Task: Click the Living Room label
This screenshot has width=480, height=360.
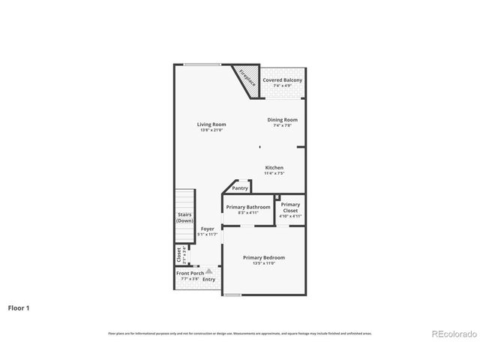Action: (211, 124)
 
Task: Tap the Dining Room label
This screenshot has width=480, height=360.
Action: (283, 120)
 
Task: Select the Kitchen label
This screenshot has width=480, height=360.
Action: (274, 167)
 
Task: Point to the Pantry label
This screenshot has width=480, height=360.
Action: (240, 188)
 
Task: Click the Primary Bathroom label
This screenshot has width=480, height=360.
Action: (248, 207)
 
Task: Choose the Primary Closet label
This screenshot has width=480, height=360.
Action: (290, 207)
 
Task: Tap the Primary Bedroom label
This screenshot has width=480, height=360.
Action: (264, 257)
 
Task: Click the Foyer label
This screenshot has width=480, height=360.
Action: (207, 229)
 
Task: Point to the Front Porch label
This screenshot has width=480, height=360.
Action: (190, 273)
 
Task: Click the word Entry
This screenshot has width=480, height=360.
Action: (208, 279)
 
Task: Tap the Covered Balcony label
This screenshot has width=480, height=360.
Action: (283, 79)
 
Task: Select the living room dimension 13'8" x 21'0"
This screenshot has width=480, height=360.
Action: (211, 130)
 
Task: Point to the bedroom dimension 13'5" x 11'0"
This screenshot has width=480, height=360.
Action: (264, 263)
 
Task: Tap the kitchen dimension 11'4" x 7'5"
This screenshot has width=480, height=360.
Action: (274, 173)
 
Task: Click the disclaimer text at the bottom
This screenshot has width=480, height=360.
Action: (240, 333)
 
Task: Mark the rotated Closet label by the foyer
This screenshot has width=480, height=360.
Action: (179, 255)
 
